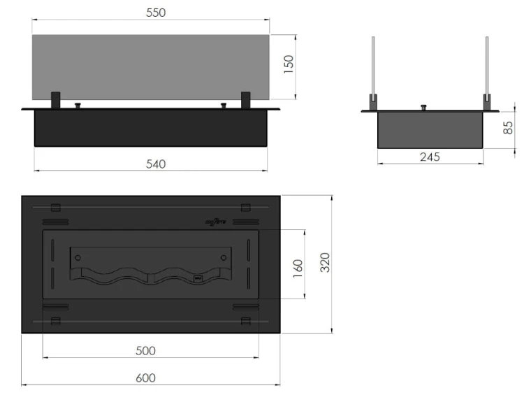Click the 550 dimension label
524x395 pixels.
pos(152,13)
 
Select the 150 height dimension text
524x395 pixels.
pos(289,64)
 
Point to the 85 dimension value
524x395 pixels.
pos(509,127)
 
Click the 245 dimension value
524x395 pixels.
pos(430,157)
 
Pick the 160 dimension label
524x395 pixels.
pos(298,268)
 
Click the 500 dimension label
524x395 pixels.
pos(145,350)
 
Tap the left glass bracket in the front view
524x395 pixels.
pos(56,100)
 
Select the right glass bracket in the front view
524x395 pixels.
pos(246,100)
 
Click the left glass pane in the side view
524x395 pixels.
pos(374,66)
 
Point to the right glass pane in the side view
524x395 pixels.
pos(486,66)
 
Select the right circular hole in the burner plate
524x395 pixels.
pos(224,258)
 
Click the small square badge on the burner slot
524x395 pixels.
pos(197,280)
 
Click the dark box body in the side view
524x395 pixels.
pos(430,130)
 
